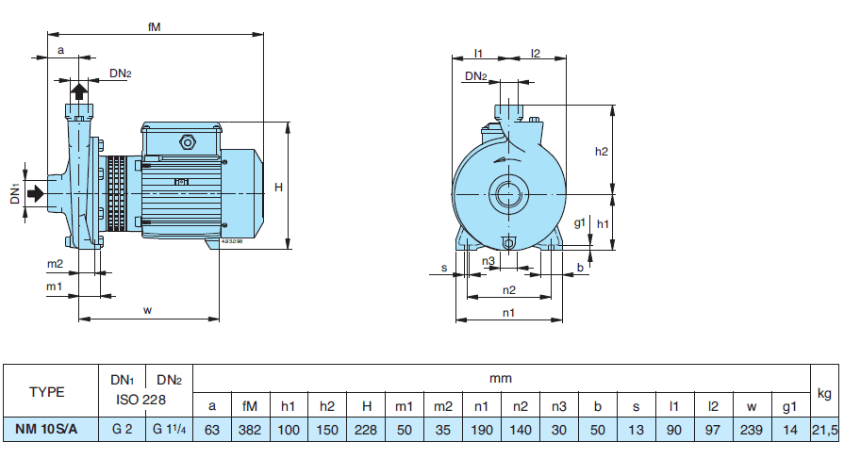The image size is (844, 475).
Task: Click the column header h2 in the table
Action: pyautogui.click(x=327, y=406)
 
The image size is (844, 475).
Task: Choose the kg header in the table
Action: pyautogui.click(x=824, y=392)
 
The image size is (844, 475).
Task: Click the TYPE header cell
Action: pyautogui.click(x=47, y=392)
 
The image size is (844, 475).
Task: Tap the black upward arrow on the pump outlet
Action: pyautogui.click(x=80, y=91)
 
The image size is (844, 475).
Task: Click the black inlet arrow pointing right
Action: pyautogui.click(x=36, y=193)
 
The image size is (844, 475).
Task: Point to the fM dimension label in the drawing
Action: pyautogui.click(x=155, y=27)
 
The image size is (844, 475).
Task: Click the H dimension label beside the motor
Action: pyautogui.click(x=278, y=188)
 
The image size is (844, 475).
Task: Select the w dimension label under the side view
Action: pyautogui.click(x=148, y=310)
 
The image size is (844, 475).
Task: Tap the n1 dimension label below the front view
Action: pyautogui.click(x=508, y=312)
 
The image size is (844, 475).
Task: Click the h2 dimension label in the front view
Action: pyautogui.click(x=602, y=151)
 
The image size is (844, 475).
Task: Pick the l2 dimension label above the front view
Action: pyautogui.click(x=535, y=53)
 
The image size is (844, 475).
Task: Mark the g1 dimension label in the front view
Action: pyautogui.click(x=581, y=224)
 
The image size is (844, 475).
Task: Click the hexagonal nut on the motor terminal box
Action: pyautogui.click(x=186, y=143)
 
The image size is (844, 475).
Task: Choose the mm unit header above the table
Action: pyautogui.click(x=500, y=378)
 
